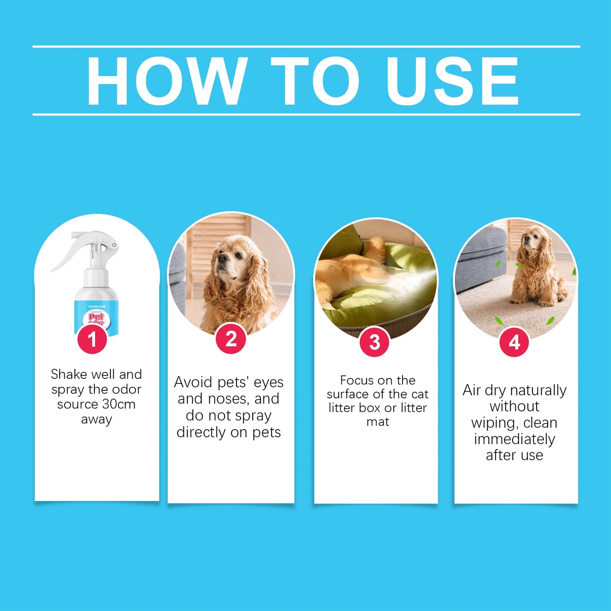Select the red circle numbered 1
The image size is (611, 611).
pos(92,339)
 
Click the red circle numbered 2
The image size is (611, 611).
pos(231,339)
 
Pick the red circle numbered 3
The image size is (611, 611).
pos(375,342)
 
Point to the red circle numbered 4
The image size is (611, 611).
pos(514,342)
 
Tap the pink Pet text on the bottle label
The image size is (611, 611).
pos(96,317)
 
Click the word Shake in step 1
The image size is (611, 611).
pos(69,374)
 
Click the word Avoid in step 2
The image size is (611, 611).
pos(193,382)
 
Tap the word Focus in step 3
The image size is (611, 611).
pos(357,380)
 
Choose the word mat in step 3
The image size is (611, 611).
pos(378,422)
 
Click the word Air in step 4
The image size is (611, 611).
pos(471,390)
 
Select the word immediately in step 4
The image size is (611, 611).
pos(514,439)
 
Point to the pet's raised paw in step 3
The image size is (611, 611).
pos(375,245)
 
